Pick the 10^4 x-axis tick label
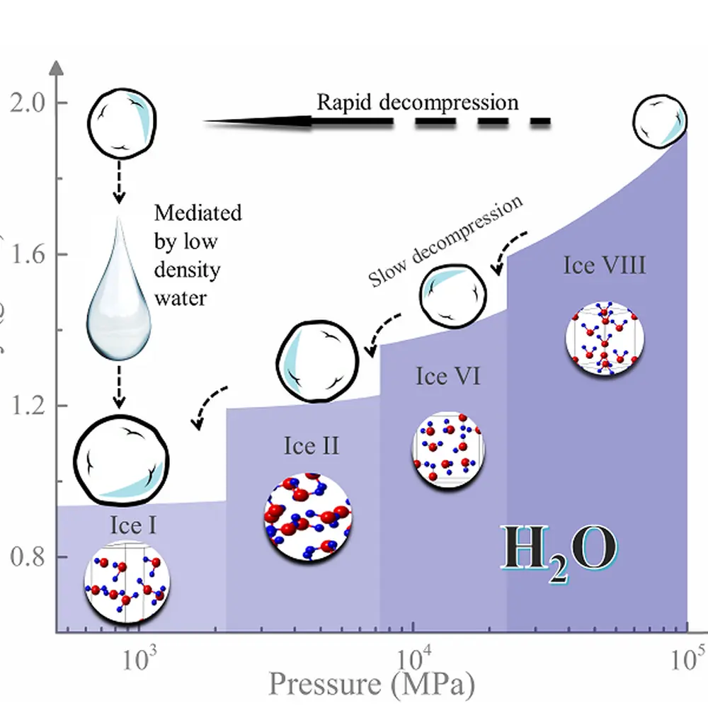coord(412,663)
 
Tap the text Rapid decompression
coord(417,102)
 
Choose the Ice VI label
coord(447,377)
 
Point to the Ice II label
coord(312,446)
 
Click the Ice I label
coord(133,525)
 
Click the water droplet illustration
coord(119,290)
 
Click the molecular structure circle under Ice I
coord(127,581)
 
